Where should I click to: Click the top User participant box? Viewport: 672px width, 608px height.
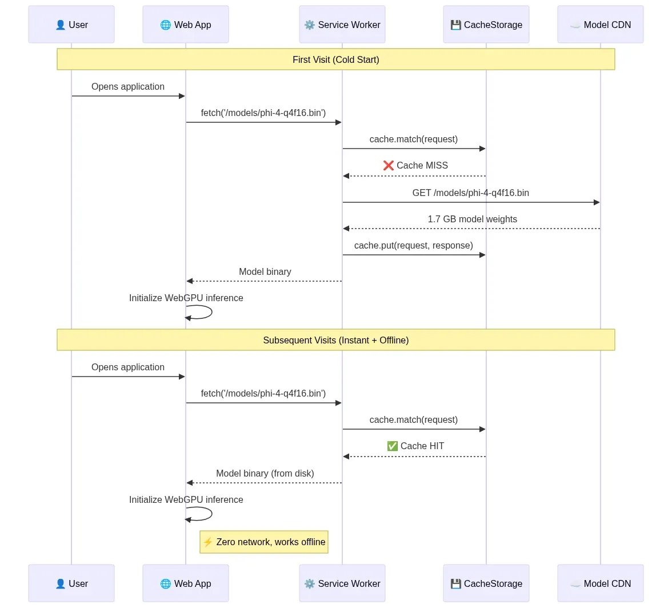[x=71, y=25]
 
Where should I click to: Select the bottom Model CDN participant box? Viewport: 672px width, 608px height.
[x=600, y=583]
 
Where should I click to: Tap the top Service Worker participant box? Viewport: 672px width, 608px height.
[x=342, y=25]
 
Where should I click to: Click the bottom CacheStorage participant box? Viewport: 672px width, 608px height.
[x=486, y=583]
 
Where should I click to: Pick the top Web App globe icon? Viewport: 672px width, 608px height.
[x=166, y=25]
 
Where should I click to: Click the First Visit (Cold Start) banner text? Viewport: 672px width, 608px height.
[x=335, y=59]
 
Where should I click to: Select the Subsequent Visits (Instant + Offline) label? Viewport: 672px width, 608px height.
[x=335, y=340]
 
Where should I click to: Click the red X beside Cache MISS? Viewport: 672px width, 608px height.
[x=389, y=166]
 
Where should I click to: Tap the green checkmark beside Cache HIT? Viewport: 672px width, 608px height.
[x=393, y=446]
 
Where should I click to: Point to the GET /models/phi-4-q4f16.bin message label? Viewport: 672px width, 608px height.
[x=470, y=193]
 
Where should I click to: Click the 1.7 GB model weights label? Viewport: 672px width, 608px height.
[x=472, y=219]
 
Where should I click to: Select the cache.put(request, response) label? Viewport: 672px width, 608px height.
[x=413, y=245]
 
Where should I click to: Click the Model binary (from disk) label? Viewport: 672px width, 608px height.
[x=265, y=473]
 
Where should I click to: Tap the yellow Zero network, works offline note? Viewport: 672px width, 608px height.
[x=264, y=542]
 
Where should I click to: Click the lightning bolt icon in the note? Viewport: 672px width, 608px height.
[x=208, y=542]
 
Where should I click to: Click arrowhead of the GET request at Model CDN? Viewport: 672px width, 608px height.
[x=597, y=202]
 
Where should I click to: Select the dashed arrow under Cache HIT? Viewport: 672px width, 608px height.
[x=414, y=457]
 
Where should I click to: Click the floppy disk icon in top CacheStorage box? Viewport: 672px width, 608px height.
[x=455, y=25]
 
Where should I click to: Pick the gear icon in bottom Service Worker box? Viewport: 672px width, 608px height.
[x=310, y=584]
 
